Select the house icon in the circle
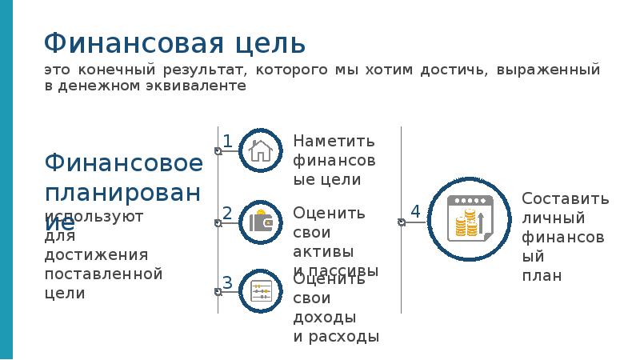tap(261, 150)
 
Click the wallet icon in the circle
tap(261, 222)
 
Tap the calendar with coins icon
tap(467, 220)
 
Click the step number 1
tap(227, 142)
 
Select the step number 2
tap(227, 214)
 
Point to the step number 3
tap(227, 282)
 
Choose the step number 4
tap(415, 211)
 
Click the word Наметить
tap(334, 142)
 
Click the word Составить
tap(566, 199)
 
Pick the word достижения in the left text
tap(97, 255)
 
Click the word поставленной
tap(104, 274)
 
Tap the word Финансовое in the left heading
tap(124, 163)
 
